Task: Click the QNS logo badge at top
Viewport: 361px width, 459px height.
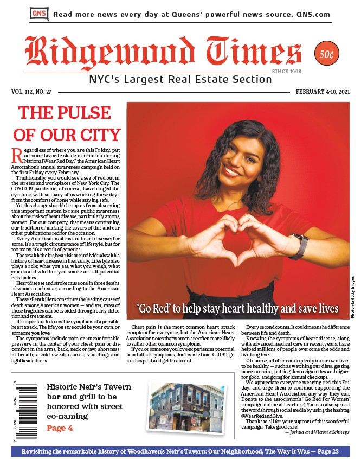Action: tap(38, 13)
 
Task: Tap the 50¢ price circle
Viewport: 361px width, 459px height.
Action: tap(326, 54)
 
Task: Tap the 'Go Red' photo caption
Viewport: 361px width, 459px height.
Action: tap(237, 309)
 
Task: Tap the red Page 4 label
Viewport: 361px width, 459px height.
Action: tap(60, 429)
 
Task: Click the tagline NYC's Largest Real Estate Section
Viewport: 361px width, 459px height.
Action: tap(181, 80)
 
